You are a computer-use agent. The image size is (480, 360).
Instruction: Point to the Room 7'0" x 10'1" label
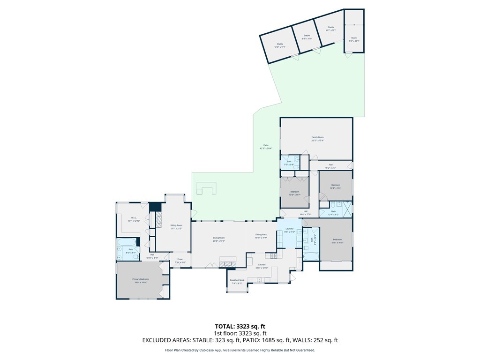[x=354, y=39]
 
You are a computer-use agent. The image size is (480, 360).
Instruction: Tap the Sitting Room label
[x=176, y=226]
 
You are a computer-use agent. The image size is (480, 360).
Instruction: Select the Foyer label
[x=180, y=261]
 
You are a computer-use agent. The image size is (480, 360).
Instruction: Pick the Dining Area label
[x=261, y=236]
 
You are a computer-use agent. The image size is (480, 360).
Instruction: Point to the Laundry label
[x=289, y=230]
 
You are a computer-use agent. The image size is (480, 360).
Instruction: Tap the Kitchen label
[x=262, y=266]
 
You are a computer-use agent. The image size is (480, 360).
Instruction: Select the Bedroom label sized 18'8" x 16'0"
[x=337, y=240]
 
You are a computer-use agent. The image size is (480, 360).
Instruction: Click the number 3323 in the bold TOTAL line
[x=246, y=326]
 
